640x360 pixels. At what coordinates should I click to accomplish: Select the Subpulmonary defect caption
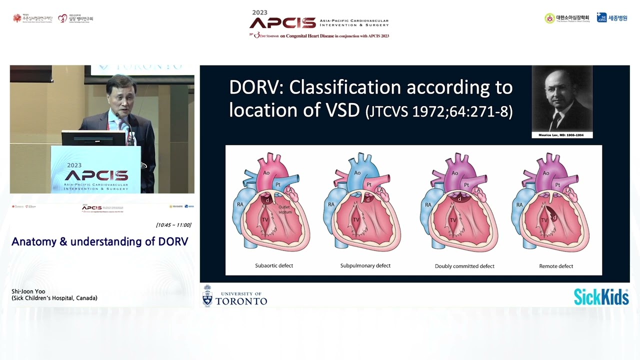pyautogui.click(x=365, y=265)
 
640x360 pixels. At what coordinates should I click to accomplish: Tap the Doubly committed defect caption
pyautogui.click(x=464, y=266)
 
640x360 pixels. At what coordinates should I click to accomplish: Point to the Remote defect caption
pyautogui.click(x=556, y=266)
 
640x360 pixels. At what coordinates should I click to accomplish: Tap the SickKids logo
pyautogui.click(x=601, y=297)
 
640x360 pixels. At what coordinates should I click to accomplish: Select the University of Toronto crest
pyautogui.click(x=207, y=295)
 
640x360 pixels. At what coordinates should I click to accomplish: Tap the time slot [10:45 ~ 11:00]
pyautogui.click(x=173, y=225)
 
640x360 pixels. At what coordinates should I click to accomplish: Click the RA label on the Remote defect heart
pyautogui.click(x=519, y=204)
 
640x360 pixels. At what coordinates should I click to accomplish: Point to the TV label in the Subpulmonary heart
pyautogui.click(x=356, y=219)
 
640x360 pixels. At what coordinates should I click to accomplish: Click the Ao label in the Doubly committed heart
pyautogui.click(x=454, y=173)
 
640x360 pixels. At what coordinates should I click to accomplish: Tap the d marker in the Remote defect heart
pyautogui.click(x=553, y=217)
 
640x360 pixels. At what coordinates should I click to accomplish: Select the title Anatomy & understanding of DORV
pyautogui.click(x=100, y=242)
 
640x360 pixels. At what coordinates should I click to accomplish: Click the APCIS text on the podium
pyautogui.click(x=96, y=175)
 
